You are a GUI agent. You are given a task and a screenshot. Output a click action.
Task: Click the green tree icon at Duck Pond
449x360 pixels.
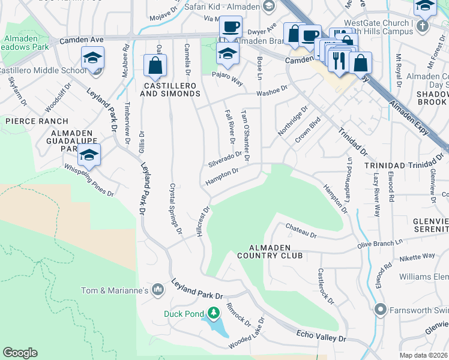click(x=213, y=313)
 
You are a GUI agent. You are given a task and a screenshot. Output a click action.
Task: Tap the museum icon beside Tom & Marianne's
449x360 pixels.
click(x=158, y=290)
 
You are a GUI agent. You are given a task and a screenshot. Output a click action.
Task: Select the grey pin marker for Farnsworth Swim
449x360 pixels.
click(x=379, y=310)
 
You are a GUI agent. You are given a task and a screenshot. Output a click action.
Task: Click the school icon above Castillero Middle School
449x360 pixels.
click(x=92, y=58)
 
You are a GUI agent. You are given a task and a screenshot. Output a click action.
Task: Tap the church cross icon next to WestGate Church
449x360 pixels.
click(x=422, y=26)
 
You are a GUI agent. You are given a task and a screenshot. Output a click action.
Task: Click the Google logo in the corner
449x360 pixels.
click(x=20, y=352)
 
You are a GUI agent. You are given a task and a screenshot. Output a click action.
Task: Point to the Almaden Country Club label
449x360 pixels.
click(x=264, y=251)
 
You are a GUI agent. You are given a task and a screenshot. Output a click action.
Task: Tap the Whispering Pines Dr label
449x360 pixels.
click(x=89, y=180)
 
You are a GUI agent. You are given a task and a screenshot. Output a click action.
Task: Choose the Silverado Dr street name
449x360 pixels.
click(x=224, y=159)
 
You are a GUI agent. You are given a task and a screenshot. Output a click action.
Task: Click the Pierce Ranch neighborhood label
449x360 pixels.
click(x=29, y=121)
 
